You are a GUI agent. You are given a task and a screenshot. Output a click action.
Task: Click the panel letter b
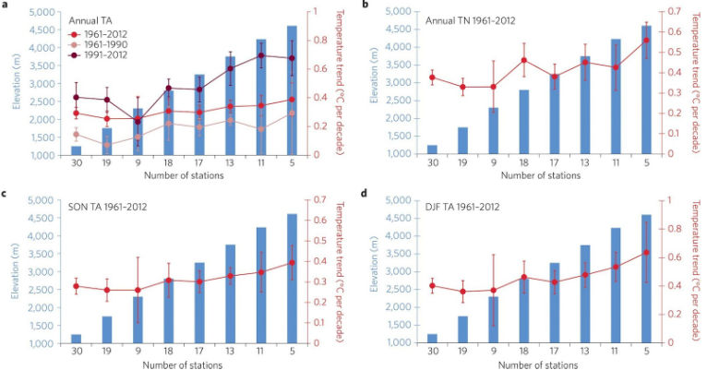(365, 6)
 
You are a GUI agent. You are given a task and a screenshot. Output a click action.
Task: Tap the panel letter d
(365, 195)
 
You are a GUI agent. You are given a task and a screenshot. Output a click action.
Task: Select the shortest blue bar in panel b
(432, 149)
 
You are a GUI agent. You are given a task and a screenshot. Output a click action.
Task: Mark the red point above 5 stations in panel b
(646, 40)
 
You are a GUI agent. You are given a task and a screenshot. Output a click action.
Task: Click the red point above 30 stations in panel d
(432, 286)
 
